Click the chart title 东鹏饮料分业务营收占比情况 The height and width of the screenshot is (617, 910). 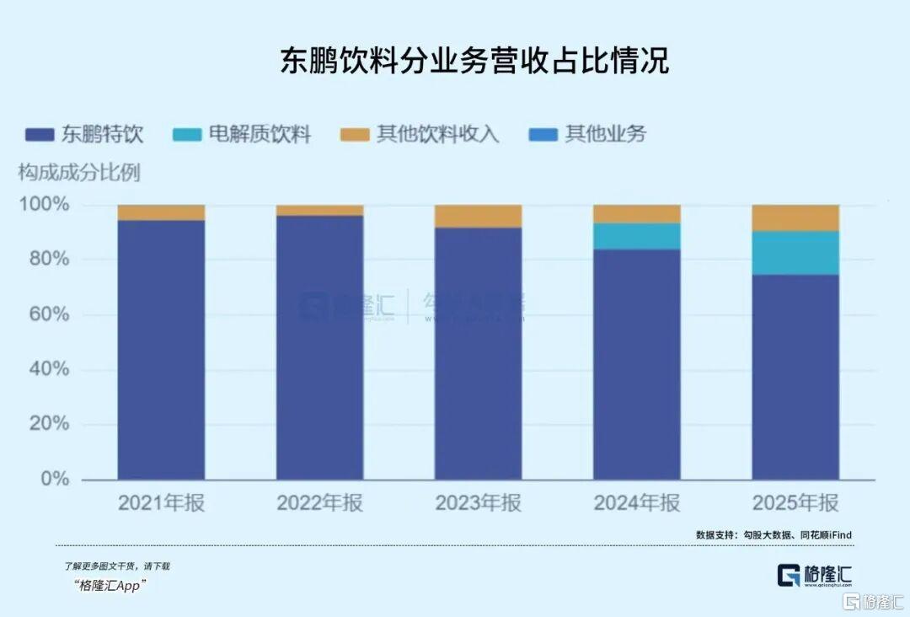tap(474, 61)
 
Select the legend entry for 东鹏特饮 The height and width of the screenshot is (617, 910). tap(84, 134)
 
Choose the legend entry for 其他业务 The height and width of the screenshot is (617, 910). tap(587, 134)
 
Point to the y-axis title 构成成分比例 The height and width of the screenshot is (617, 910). tap(79, 173)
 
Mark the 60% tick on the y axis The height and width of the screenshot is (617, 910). tap(48, 314)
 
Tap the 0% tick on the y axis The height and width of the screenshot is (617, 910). tap(52, 479)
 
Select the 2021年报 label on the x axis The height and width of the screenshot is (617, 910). tap(161, 503)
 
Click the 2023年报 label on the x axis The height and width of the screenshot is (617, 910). tap(478, 503)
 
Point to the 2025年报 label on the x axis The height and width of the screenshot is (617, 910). tap(795, 503)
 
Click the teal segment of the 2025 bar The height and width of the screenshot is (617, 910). tap(795, 253)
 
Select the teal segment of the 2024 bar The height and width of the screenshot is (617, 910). tap(637, 236)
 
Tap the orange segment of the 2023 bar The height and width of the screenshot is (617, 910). tap(478, 216)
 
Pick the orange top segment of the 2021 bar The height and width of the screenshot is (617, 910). tap(161, 212)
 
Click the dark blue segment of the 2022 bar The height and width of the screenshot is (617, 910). tap(319, 346)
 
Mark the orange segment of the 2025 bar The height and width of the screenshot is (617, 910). tap(795, 217)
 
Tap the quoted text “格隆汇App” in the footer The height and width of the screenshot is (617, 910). tap(105, 587)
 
